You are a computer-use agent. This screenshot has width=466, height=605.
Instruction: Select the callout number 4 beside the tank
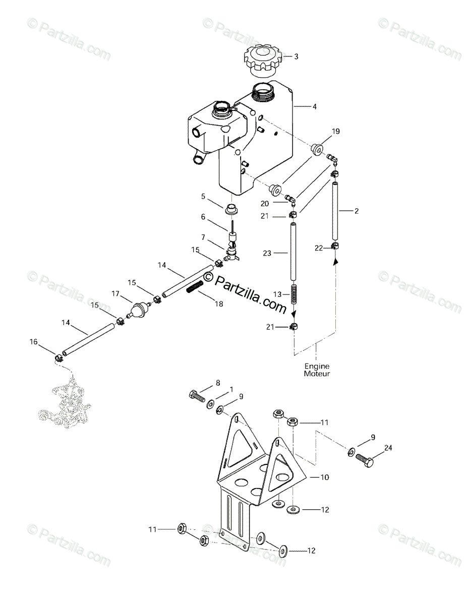[314, 106]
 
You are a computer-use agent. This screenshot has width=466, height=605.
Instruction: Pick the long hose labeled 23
[294, 252]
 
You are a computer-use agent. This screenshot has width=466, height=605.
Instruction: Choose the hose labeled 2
[334, 212]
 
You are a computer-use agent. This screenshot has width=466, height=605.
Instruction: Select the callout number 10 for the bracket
[324, 477]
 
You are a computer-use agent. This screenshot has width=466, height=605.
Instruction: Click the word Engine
[316, 367]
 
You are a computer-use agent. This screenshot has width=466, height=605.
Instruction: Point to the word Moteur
[316, 374]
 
